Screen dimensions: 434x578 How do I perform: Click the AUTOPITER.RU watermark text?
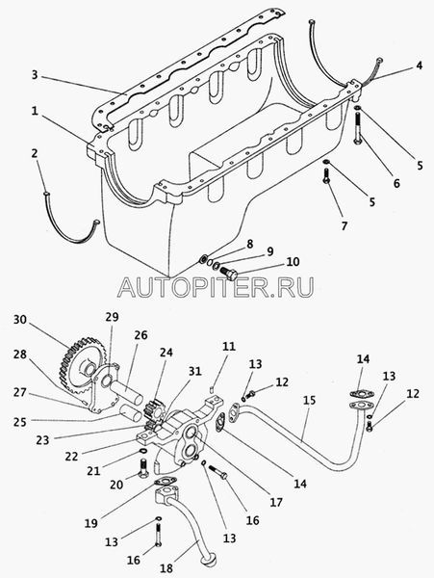[217, 287]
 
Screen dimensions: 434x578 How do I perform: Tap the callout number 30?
[20, 320]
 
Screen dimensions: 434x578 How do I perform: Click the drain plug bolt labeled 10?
[229, 274]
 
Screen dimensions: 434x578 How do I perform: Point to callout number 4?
[419, 66]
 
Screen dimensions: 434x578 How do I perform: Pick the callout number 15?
[310, 401]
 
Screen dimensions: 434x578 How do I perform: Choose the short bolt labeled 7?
[326, 176]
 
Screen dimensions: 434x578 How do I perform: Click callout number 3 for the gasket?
[35, 75]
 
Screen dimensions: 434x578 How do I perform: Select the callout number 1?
[35, 111]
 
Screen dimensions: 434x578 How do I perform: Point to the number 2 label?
[35, 153]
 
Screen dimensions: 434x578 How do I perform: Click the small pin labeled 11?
[213, 387]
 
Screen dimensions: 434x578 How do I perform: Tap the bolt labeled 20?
[143, 467]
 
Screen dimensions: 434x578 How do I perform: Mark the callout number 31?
[195, 371]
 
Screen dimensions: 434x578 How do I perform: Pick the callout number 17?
[276, 502]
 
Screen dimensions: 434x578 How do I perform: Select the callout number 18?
[166, 567]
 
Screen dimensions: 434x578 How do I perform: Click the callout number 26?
[140, 335]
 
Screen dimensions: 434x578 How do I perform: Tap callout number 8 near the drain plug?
[250, 244]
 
